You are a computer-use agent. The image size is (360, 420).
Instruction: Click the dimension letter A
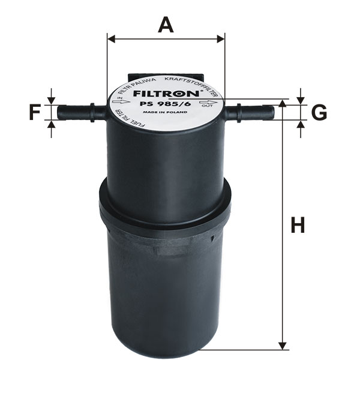click(x=166, y=25)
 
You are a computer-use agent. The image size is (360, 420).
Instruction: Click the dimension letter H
click(x=298, y=225)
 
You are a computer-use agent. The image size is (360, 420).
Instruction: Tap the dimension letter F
click(x=35, y=113)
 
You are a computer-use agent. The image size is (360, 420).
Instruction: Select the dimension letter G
click(x=319, y=113)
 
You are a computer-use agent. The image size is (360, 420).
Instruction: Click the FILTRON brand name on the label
click(x=166, y=94)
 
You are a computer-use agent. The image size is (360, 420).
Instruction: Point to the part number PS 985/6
click(x=166, y=104)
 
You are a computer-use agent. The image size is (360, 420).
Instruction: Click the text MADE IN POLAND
click(x=165, y=112)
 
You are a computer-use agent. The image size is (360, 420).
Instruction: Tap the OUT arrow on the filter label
click(x=208, y=103)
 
